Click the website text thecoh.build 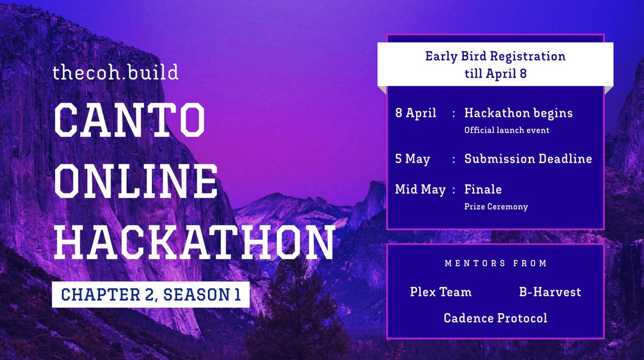(x=115, y=72)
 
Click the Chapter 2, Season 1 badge (x=151, y=294)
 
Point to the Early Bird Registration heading (x=495, y=56)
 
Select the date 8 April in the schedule (x=416, y=113)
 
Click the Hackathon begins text (x=518, y=113)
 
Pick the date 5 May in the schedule (x=413, y=159)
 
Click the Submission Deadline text (x=528, y=159)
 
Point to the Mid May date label (x=420, y=189)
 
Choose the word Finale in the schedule (x=483, y=189)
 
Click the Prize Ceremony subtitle (x=496, y=207)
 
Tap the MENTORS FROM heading (x=496, y=263)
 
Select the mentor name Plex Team (x=441, y=292)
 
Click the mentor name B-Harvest (x=550, y=292)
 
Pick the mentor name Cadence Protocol (x=495, y=318)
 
